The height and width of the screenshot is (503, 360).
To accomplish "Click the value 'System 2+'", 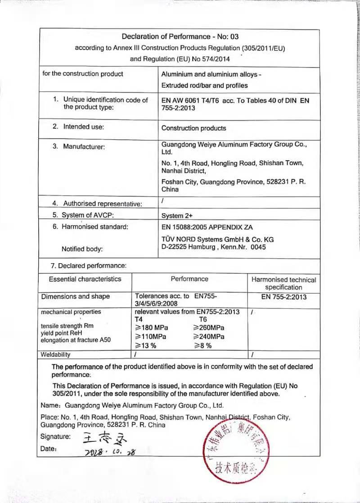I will (177, 216).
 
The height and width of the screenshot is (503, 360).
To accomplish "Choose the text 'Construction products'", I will (193, 128).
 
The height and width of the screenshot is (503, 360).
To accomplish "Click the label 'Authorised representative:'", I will (103, 204).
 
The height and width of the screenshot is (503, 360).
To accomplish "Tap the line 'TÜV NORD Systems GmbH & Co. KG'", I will (217, 239).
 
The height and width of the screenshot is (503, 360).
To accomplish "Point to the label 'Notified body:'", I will (82, 249).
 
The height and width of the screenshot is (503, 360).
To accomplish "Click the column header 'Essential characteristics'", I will (85, 279).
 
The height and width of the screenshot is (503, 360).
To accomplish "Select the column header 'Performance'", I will (189, 279).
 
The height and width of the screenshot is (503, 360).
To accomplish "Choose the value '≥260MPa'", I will (208, 327).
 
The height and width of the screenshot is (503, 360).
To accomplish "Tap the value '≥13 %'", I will (146, 346).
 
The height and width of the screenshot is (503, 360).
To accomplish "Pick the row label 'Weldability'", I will (56, 355).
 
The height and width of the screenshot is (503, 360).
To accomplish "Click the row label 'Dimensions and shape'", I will (76, 296).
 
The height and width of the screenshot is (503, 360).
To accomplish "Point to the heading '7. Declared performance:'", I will (88, 265).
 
